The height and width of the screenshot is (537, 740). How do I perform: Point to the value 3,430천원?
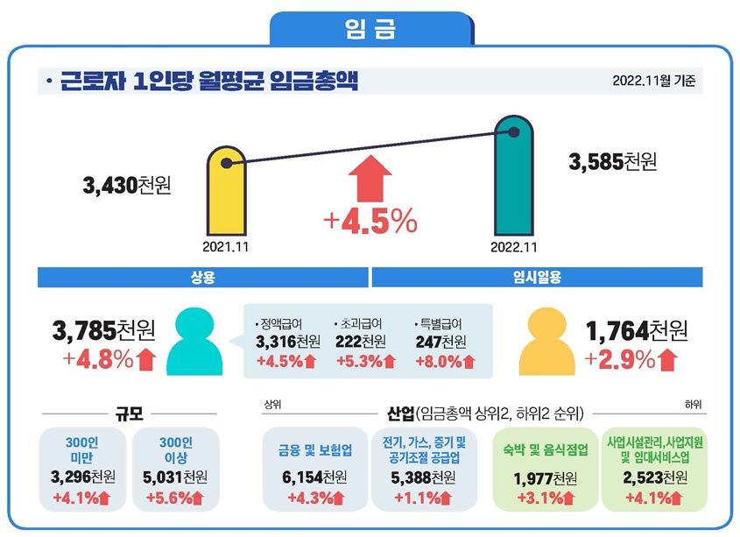pyautogui.click(x=126, y=186)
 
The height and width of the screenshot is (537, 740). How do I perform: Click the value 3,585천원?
pyautogui.click(x=612, y=162)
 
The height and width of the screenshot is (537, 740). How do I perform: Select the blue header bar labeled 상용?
pyautogui.click(x=203, y=277)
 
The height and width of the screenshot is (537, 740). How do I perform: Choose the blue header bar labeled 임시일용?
pyautogui.click(x=538, y=277)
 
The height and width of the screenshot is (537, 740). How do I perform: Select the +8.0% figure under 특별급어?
pyautogui.click(x=445, y=360)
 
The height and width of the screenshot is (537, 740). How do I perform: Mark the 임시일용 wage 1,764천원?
pyautogui.click(x=637, y=331)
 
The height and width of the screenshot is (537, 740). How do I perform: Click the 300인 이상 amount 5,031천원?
pyautogui.click(x=175, y=477)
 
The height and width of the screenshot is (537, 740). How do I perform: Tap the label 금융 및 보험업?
pyautogui.click(x=314, y=450)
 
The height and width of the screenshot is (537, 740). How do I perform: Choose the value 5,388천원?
pyautogui.click(x=424, y=477)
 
